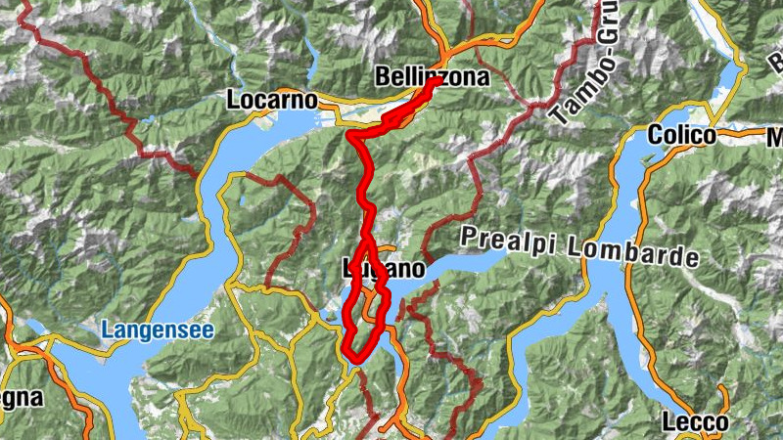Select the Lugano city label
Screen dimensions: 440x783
[x=385, y=268]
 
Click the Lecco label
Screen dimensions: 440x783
[x=695, y=422]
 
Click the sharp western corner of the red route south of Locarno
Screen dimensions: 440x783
[x=349, y=136]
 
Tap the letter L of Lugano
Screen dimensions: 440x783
[x=348, y=268]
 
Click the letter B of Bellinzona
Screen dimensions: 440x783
[x=382, y=75]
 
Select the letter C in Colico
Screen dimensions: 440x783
[x=654, y=136]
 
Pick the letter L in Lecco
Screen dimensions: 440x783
[x=668, y=422]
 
